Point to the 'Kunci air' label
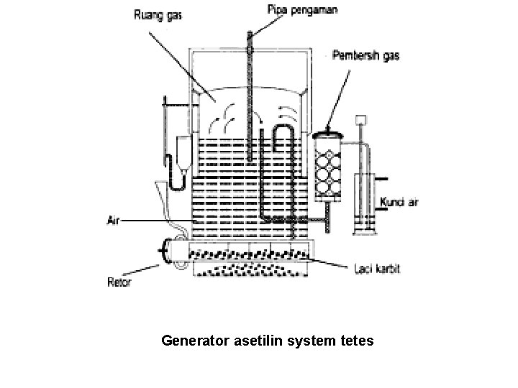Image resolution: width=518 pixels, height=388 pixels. coord(399,203)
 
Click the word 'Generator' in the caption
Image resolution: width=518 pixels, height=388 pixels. coord(196,340)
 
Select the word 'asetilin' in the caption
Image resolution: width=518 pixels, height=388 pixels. coord(259,340)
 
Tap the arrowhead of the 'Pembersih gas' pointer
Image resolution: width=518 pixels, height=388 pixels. coord(326,129)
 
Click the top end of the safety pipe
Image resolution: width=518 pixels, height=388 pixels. coord(250,34)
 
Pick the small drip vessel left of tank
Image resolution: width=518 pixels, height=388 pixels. coord(183,152)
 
